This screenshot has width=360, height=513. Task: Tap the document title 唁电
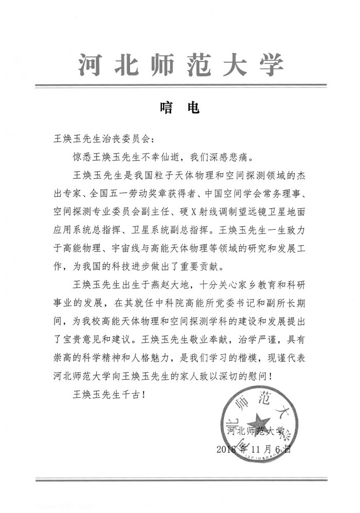click(x=179, y=108)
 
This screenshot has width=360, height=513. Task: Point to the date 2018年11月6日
click(x=254, y=449)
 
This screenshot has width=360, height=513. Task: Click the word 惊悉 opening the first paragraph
click(x=83, y=155)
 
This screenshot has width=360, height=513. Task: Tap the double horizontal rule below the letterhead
click(x=181, y=85)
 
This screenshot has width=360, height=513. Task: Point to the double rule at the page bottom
click(x=181, y=480)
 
